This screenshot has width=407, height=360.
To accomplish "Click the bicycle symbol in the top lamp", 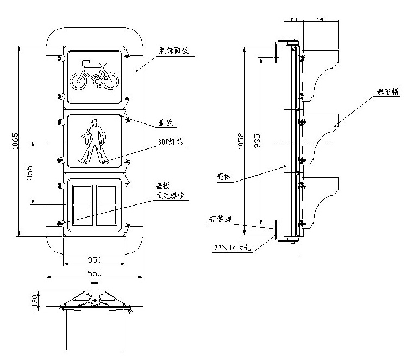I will coord(95,76).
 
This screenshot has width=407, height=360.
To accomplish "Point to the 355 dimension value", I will coord(29,173).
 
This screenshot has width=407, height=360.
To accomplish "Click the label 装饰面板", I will coord(173,51).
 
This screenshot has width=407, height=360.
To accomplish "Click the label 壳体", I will coord(224,177).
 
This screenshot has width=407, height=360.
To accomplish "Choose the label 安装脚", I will coord(220,220).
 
